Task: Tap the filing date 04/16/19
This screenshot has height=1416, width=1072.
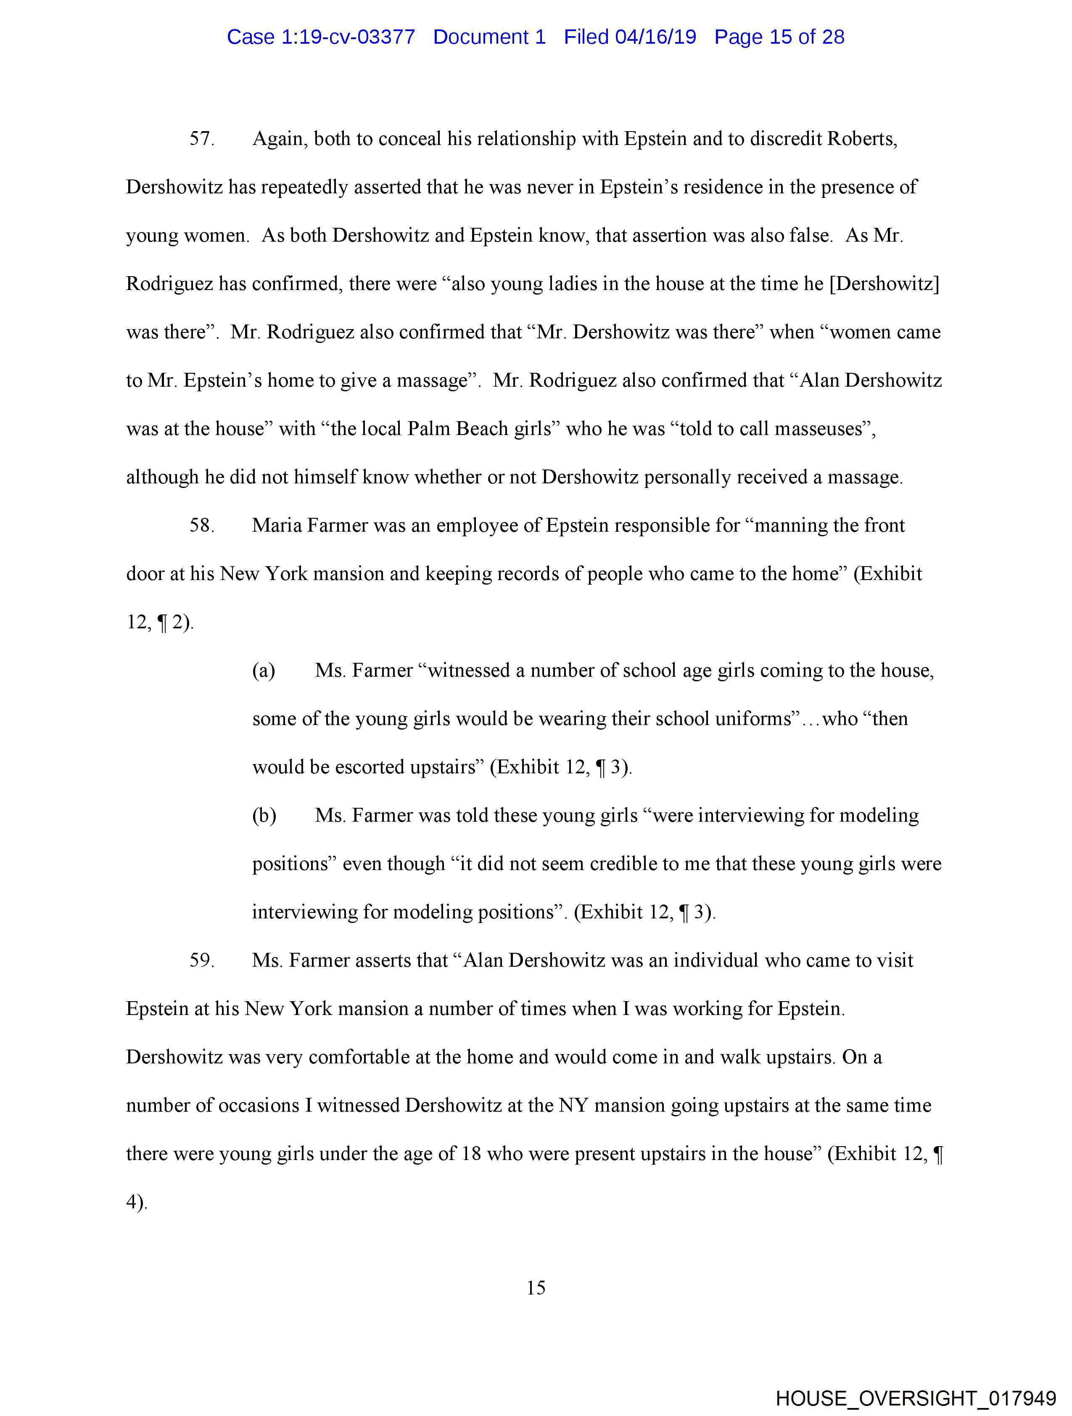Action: click(655, 37)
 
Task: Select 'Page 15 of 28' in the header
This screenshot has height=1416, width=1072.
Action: click(779, 37)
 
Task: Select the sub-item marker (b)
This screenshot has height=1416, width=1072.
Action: click(264, 815)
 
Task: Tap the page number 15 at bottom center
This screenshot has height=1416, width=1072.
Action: click(536, 1288)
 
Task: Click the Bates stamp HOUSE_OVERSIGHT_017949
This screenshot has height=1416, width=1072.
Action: click(915, 1398)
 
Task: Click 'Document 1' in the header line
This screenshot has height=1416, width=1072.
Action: click(489, 37)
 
